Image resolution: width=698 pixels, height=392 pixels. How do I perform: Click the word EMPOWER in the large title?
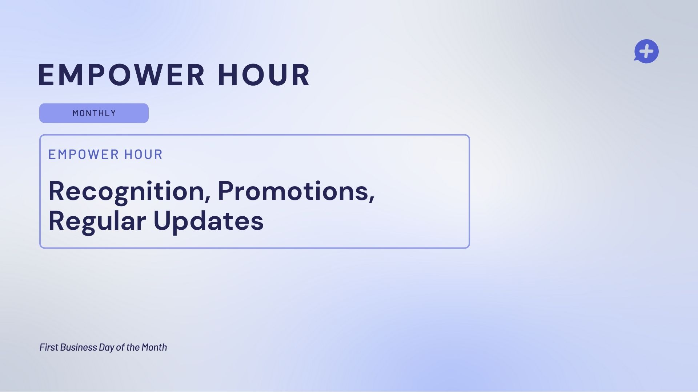(121, 75)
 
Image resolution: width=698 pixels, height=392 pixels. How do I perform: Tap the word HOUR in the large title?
(264, 75)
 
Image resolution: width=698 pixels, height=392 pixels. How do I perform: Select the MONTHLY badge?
(94, 113)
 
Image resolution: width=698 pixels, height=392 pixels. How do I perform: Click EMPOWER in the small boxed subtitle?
(83, 155)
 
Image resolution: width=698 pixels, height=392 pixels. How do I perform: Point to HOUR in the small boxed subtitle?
(143, 155)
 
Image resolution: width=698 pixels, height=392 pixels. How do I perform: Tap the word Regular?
(97, 221)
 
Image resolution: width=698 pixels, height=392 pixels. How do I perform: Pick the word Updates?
(208, 221)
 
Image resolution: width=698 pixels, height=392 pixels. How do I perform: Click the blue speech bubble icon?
(646, 51)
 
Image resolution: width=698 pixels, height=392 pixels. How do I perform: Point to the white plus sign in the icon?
(647, 51)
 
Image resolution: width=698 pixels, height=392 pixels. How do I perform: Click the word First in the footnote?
(49, 347)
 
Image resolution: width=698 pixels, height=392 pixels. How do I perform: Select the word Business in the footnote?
(79, 347)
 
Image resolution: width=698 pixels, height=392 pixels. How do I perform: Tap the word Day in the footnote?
(107, 348)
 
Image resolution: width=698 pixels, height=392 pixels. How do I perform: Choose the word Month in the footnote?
(154, 347)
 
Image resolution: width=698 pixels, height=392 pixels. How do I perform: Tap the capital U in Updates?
(162, 220)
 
